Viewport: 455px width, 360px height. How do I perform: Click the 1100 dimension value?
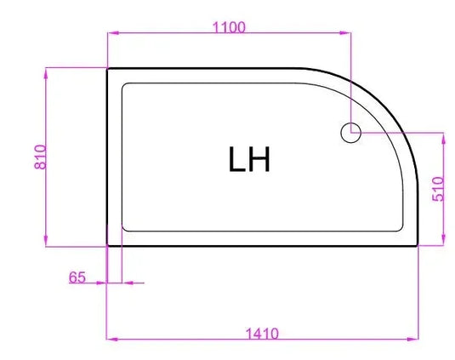click(x=228, y=26)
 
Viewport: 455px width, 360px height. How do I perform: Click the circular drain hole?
click(x=350, y=133)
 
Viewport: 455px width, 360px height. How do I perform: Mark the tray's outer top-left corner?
click(x=107, y=69)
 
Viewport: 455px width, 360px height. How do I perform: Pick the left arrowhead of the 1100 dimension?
click(x=110, y=34)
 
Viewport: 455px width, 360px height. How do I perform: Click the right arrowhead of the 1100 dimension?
click(x=347, y=34)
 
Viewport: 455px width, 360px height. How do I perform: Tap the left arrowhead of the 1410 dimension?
click(x=110, y=339)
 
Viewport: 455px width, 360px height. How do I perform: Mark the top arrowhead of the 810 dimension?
click(x=47, y=72)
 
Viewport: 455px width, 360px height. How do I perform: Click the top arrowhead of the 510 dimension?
click(x=444, y=136)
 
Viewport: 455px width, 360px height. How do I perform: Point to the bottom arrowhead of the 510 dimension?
click(x=444, y=241)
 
